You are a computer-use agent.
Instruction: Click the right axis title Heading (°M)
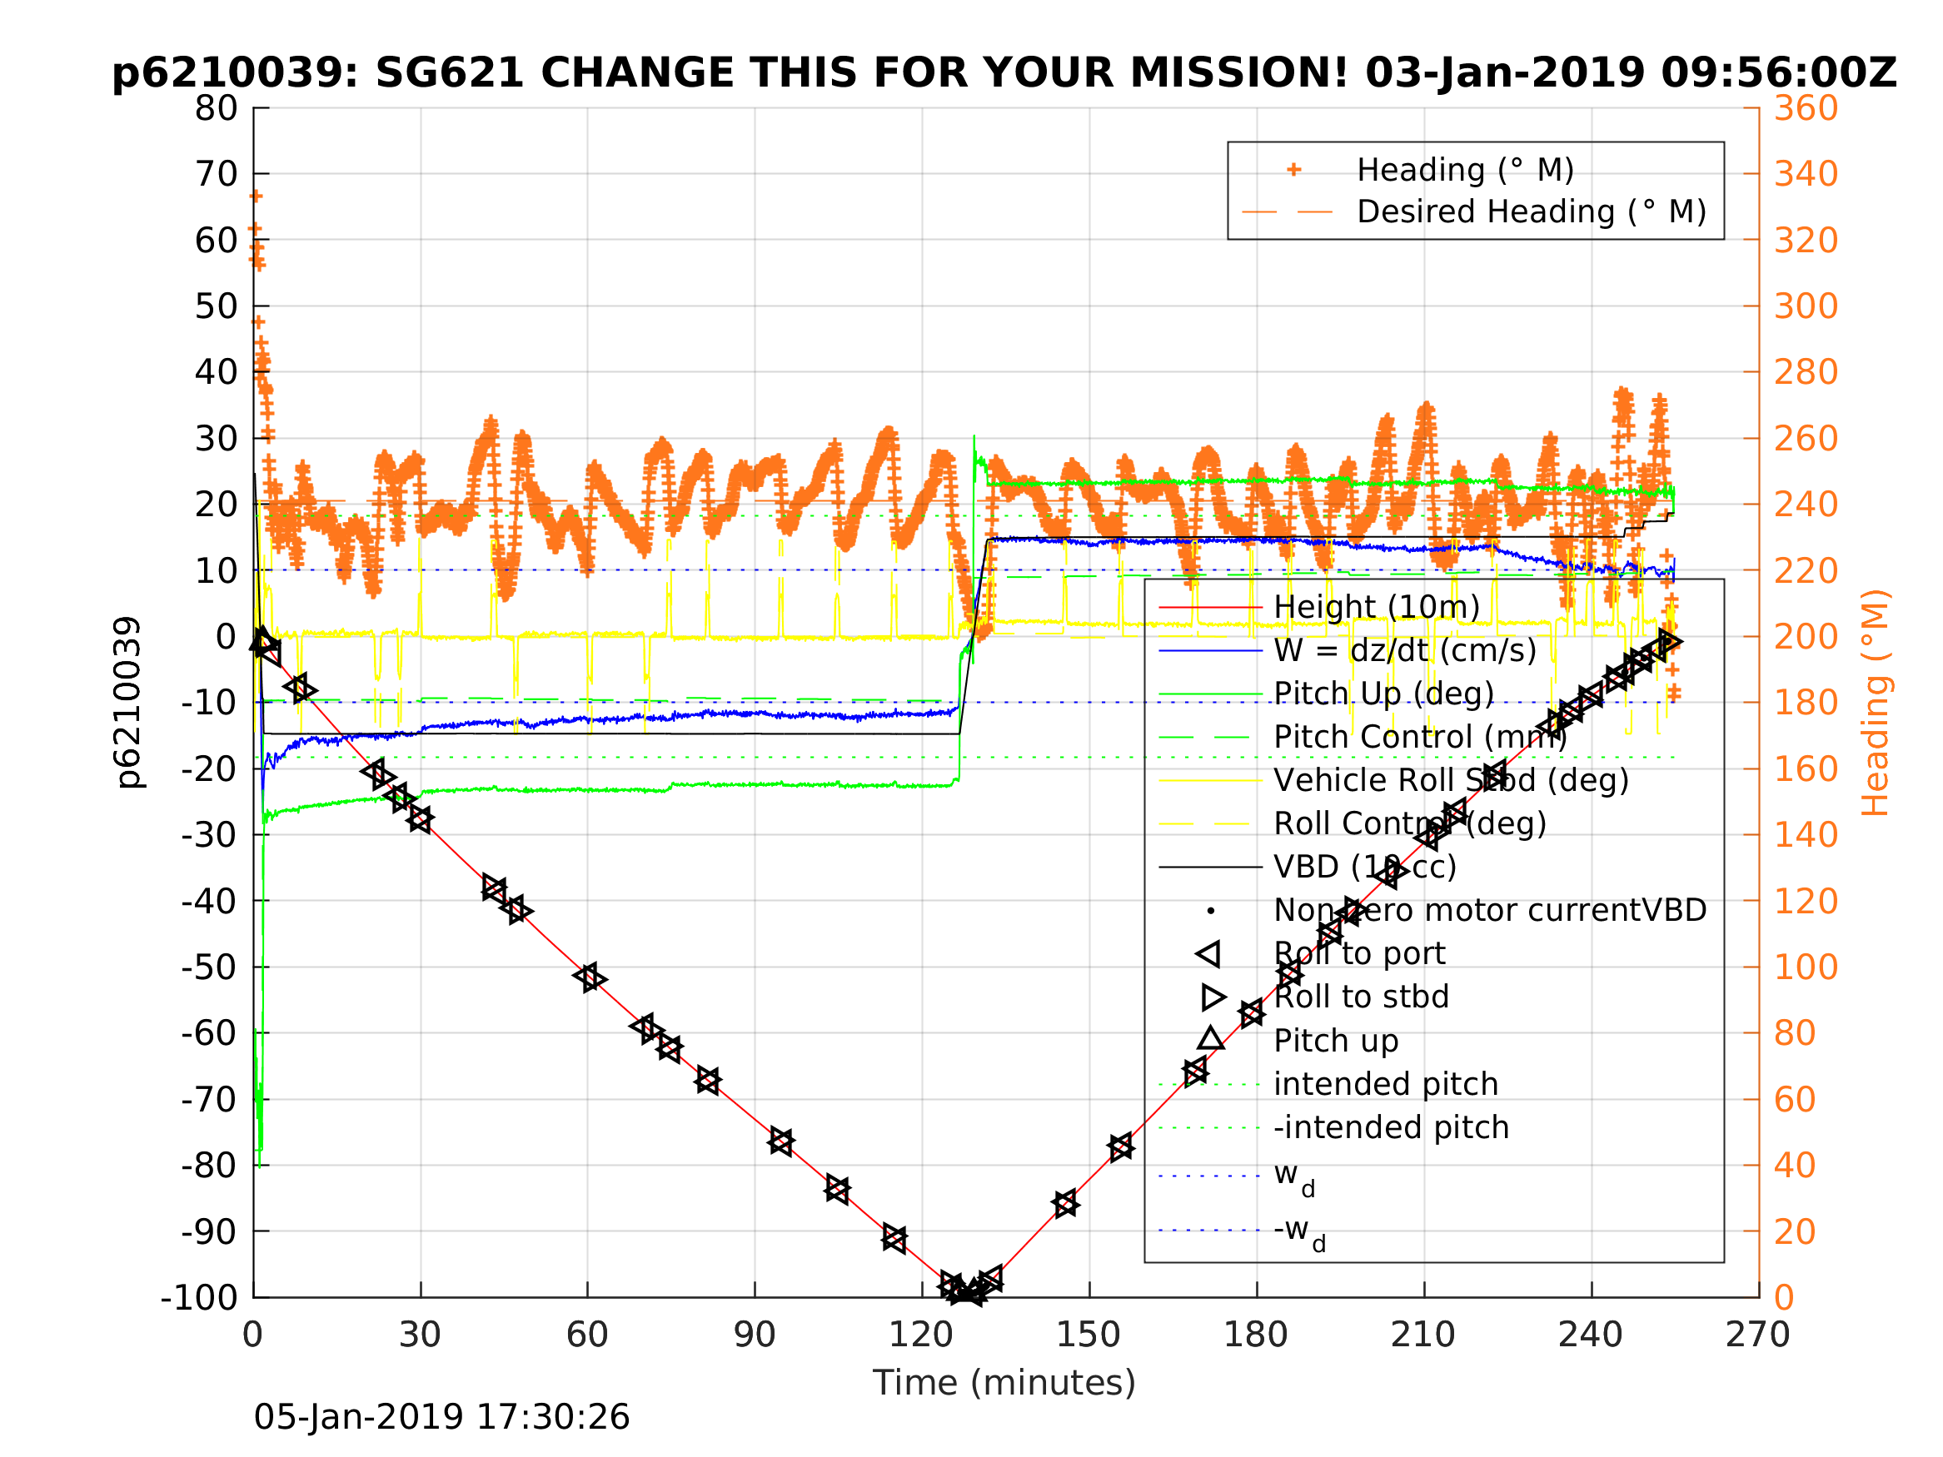coord(1875,703)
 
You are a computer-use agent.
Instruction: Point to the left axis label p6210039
coord(128,703)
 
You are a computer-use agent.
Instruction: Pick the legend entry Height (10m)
coord(1376,607)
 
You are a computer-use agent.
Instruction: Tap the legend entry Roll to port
coord(1358,954)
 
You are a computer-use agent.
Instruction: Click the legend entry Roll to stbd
coord(1361,997)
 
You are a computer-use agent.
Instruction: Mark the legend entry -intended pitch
coord(1391,1127)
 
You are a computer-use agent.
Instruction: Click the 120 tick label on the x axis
coord(920,1335)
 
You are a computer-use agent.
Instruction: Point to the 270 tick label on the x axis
coord(1756,1335)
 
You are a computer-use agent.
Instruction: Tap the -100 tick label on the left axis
coord(199,1297)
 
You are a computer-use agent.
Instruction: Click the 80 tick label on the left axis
coord(216,109)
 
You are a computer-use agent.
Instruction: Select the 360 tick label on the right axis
coord(1806,109)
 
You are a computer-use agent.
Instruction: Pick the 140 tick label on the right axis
coord(1806,835)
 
